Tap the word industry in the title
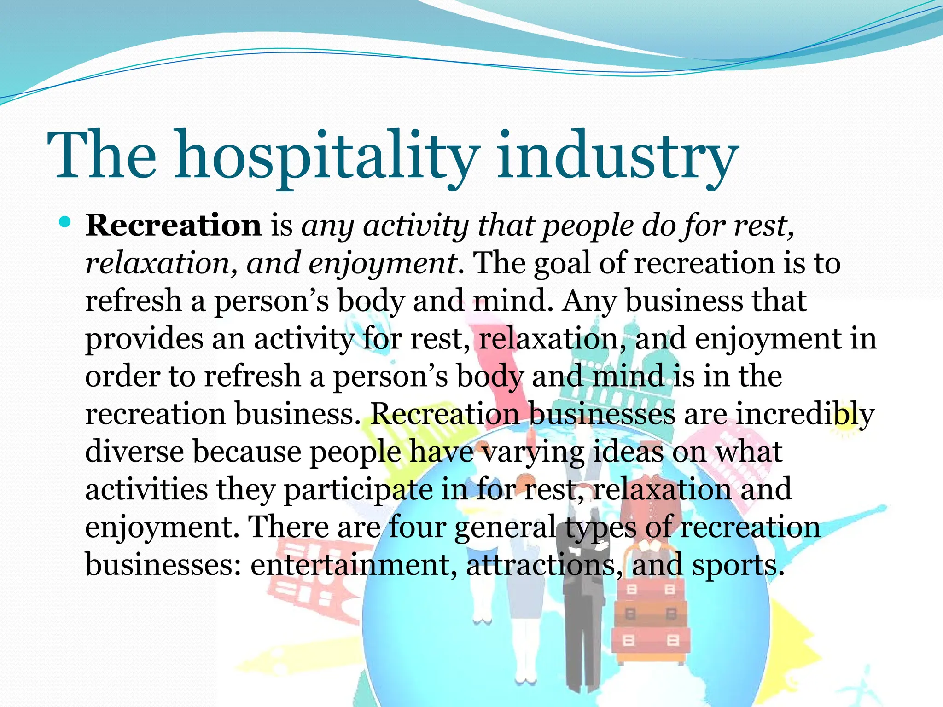(617, 156)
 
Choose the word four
(417, 527)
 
